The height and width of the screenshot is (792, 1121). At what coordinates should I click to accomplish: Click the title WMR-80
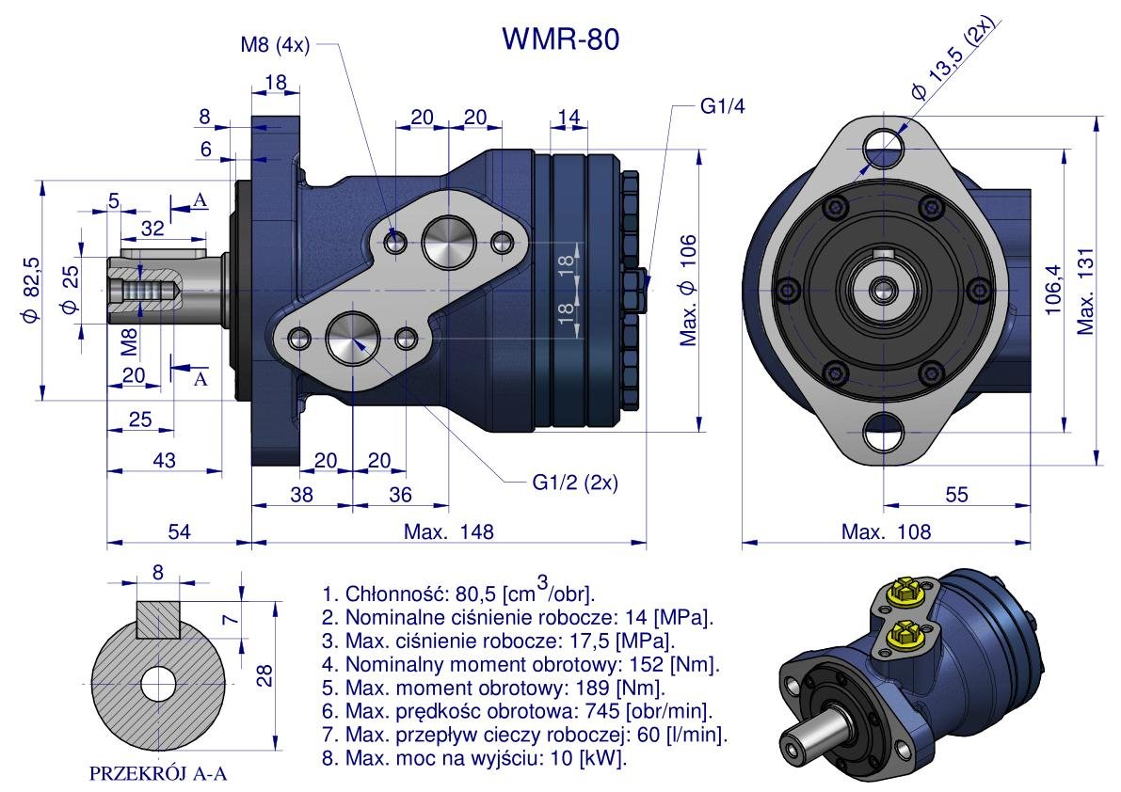pos(561,39)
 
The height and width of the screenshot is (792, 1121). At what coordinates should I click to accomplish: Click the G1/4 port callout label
pos(722,106)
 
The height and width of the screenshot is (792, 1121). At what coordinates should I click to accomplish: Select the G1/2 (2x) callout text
pos(574,483)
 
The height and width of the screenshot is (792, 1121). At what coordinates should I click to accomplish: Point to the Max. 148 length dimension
pos(448,531)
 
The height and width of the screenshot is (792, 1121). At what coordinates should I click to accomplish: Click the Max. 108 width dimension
pos(886,531)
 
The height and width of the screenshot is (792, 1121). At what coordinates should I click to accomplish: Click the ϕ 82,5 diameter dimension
pos(31,290)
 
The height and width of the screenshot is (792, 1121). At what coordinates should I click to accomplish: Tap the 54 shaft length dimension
pos(179,531)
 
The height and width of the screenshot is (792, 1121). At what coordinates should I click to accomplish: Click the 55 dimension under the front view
pos(956,495)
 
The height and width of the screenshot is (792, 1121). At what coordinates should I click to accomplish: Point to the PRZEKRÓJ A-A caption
pos(158,774)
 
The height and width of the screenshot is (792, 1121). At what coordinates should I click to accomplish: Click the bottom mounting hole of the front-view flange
pos(884,436)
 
